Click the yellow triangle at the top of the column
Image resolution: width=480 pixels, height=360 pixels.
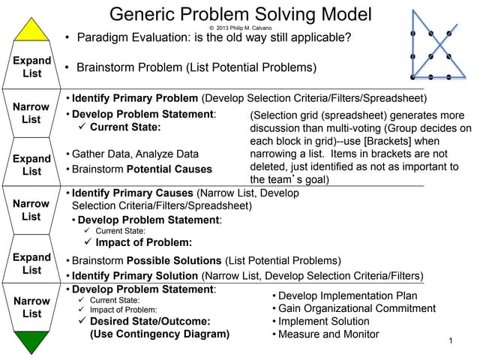coord(31,31)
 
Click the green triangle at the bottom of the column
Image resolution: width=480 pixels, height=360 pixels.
coord(31,342)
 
